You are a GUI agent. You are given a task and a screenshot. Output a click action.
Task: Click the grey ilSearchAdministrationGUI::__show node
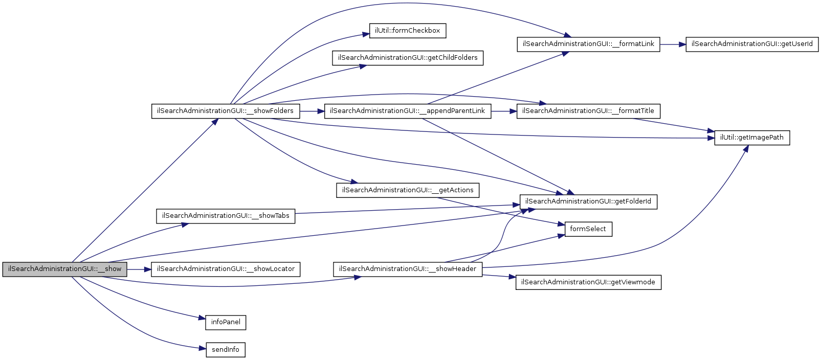pos(64,269)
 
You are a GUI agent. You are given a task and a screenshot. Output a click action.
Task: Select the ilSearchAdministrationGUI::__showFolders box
pos(226,111)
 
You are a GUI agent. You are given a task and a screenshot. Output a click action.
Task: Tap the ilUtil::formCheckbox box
pos(407,31)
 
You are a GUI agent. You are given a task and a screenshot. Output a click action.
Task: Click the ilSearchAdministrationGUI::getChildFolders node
pos(408,58)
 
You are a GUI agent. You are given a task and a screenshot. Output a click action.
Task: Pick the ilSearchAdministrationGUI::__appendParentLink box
pos(407,111)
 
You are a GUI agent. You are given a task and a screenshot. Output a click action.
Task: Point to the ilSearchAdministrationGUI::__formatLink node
pos(588,44)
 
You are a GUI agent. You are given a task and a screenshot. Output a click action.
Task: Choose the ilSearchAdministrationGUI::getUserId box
pos(752,44)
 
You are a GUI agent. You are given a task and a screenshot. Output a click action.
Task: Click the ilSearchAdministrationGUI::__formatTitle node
pos(588,111)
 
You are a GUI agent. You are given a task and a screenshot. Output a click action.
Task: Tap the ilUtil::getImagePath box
pos(752,138)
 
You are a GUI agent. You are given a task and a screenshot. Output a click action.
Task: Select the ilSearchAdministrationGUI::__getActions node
pos(408,190)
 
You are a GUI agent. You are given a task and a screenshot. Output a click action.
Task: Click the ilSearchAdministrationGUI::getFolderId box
pos(588,201)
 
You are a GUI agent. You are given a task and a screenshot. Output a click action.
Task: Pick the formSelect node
pos(588,229)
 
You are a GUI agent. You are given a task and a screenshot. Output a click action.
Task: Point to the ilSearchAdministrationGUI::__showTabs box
pos(226,216)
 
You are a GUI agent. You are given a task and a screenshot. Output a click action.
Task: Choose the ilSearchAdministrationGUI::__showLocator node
pos(226,269)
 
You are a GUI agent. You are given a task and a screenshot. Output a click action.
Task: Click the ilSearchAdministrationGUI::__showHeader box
pos(408,269)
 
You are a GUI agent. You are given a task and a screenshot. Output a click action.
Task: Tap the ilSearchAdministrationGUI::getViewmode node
pos(588,282)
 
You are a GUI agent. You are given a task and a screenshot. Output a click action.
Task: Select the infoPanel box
pos(226,322)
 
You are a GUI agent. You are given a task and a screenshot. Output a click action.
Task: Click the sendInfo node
pos(226,350)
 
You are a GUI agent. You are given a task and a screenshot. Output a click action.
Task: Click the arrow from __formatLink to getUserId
pos(673,44)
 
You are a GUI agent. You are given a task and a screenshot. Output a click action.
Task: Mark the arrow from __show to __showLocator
pos(139,269)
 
